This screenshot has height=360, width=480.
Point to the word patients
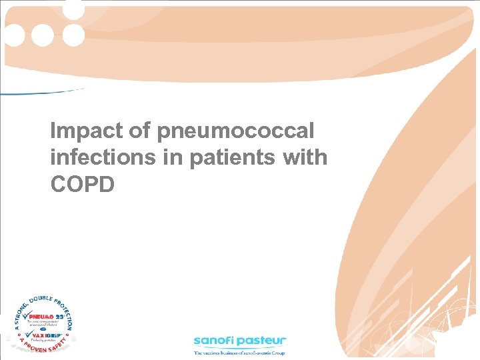[223, 157]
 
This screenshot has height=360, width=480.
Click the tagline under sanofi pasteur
[239, 352]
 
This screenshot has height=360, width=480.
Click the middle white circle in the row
[43, 35]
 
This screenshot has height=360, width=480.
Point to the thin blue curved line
[40, 92]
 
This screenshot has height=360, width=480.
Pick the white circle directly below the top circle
[73, 35]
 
